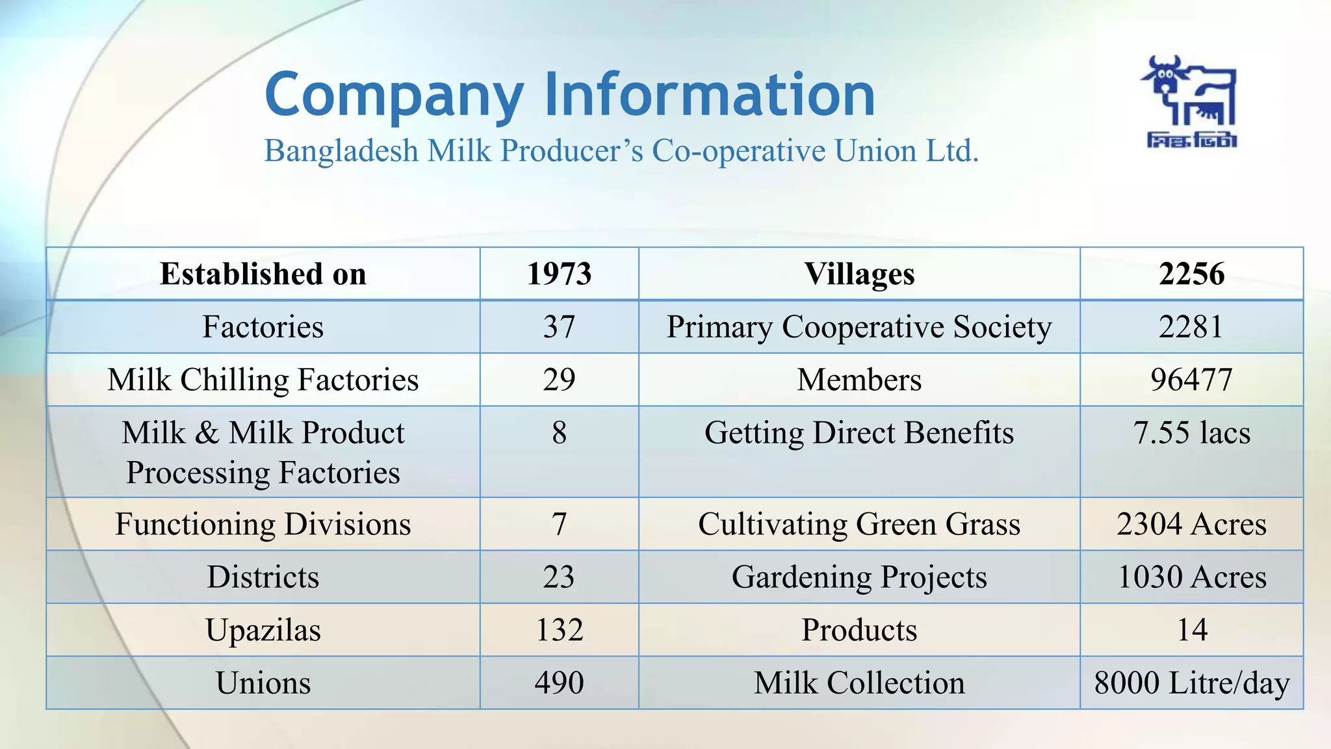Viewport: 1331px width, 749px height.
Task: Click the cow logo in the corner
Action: tap(1191, 101)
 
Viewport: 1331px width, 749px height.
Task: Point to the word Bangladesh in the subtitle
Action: tap(341, 151)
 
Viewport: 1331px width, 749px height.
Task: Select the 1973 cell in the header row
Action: tap(559, 274)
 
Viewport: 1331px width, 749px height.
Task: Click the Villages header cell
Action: tap(859, 274)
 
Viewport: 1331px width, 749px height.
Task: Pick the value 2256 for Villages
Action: tap(1191, 274)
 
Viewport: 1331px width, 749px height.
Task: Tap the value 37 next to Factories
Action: tap(559, 326)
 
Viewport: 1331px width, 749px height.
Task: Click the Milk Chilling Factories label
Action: tap(263, 380)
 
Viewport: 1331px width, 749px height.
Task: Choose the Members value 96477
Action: tap(1191, 380)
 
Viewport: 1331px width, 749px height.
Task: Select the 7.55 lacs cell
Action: tap(1191, 433)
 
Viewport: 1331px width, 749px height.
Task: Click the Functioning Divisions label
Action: tap(263, 524)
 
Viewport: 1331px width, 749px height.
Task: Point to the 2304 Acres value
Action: tap(1191, 524)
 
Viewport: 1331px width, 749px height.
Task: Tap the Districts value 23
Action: tap(559, 577)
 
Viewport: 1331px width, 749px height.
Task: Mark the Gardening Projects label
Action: tap(859, 577)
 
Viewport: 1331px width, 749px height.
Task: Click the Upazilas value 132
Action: tap(559, 630)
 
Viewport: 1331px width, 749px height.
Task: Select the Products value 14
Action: tap(1191, 630)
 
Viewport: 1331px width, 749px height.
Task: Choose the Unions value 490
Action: tap(559, 683)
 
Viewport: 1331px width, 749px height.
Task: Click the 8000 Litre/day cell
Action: tap(1191, 683)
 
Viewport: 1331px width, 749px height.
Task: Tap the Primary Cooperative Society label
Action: tap(859, 326)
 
